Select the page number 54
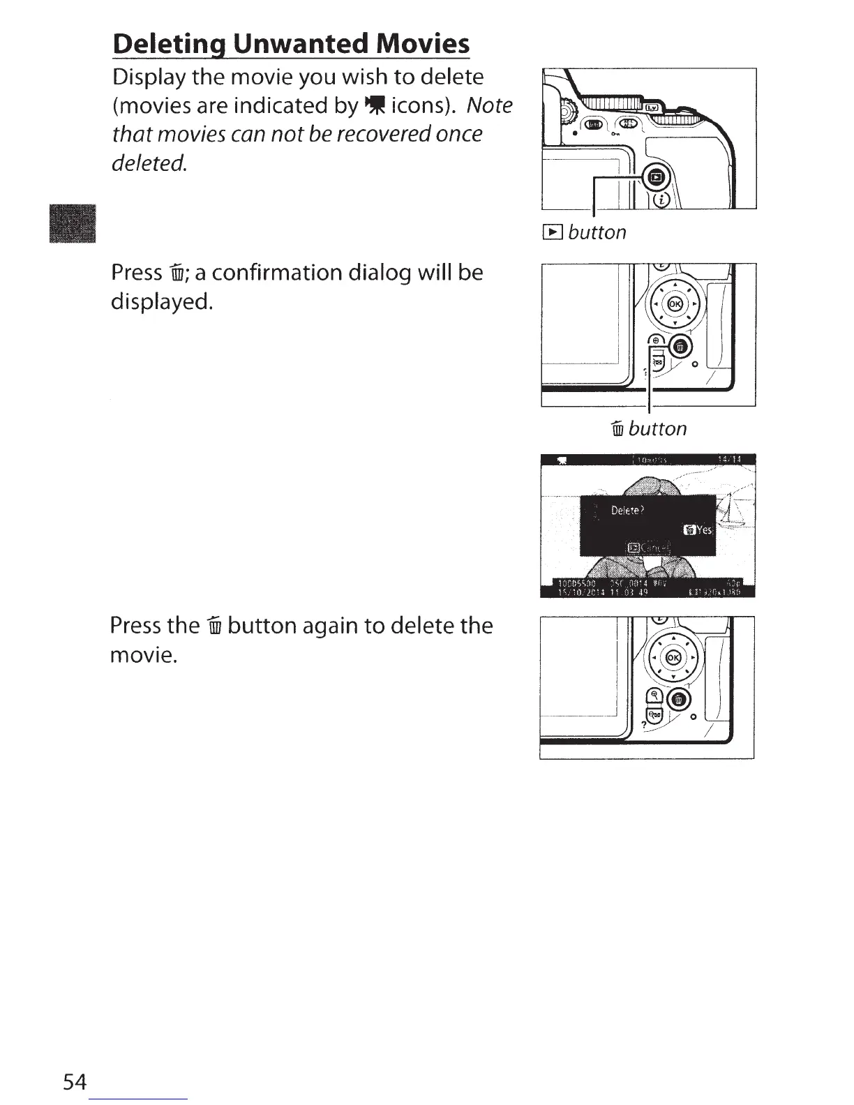click(x=75, y=1082)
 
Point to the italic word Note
click(x=489, y=105)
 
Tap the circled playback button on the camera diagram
click(x=657, y=179)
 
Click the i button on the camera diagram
click(x=661, y=200)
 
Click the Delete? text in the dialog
click(x=628, y=511)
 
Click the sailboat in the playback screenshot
click(x=731, y=513)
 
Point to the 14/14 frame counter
click(x=728, y=459)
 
